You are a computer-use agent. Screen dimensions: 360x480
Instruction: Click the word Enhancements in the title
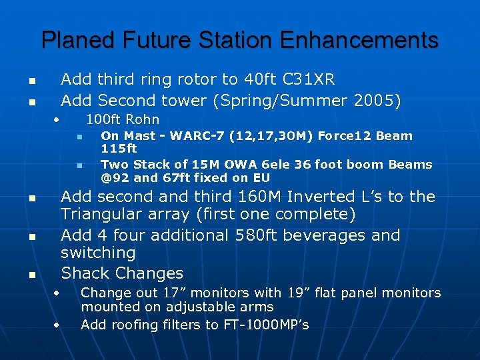[x=359, y=40]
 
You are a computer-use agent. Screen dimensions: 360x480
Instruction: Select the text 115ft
[x=119, y=149]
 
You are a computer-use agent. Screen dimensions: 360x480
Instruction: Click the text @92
[x=114, y=178]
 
